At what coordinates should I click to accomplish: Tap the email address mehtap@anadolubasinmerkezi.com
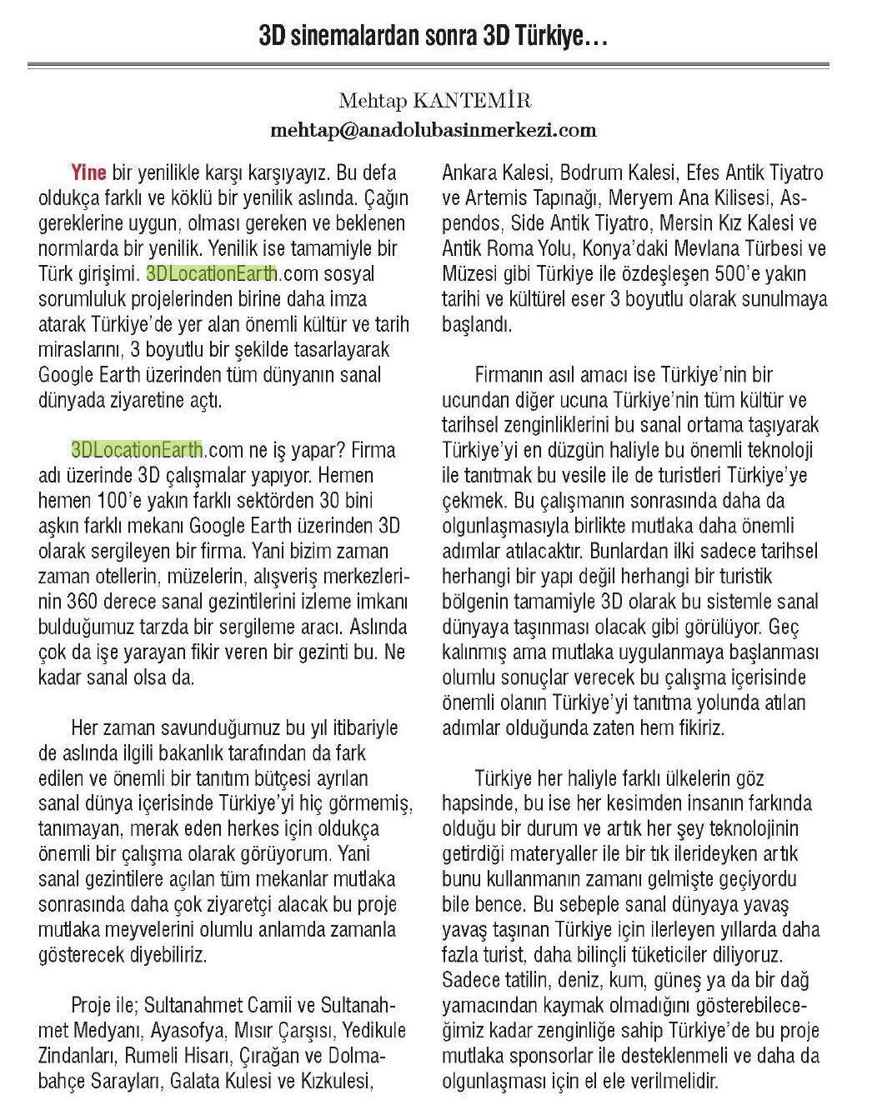[433, 130]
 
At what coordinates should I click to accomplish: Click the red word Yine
[88, 173]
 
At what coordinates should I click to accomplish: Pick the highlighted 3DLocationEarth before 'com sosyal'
[211, 273]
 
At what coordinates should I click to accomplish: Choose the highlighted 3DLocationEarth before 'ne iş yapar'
[138, 450]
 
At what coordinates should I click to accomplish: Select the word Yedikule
[359, 1031]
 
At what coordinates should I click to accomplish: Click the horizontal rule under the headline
[428, 64]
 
